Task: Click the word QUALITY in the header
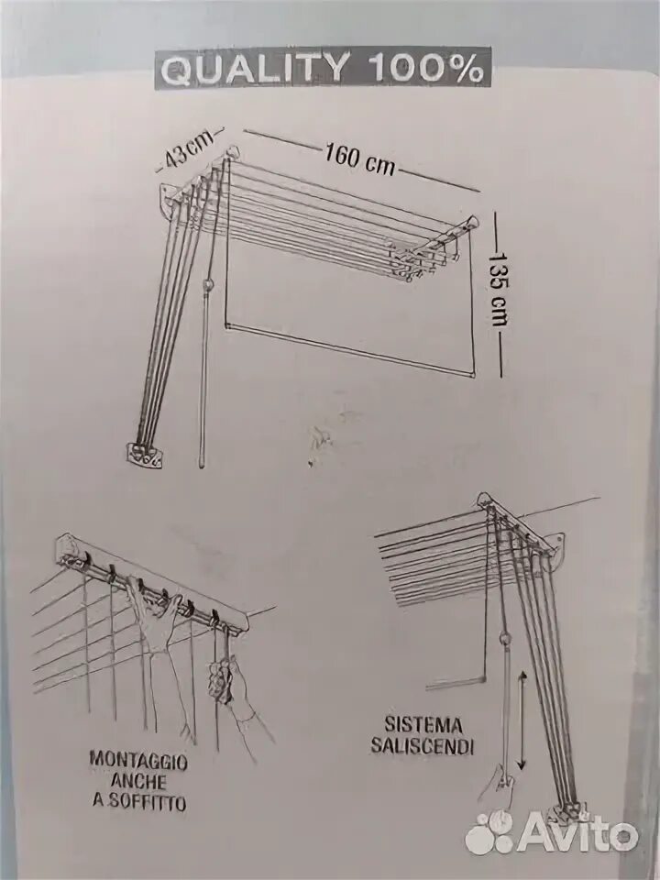pyautogui.click(x=255, y=69)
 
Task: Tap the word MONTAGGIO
pyautogui.click(x=138, y=760)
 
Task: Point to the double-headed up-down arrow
pyautogui.click(x=522, y=720)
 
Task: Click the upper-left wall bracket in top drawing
pyautogui.click(x=169, y=198)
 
